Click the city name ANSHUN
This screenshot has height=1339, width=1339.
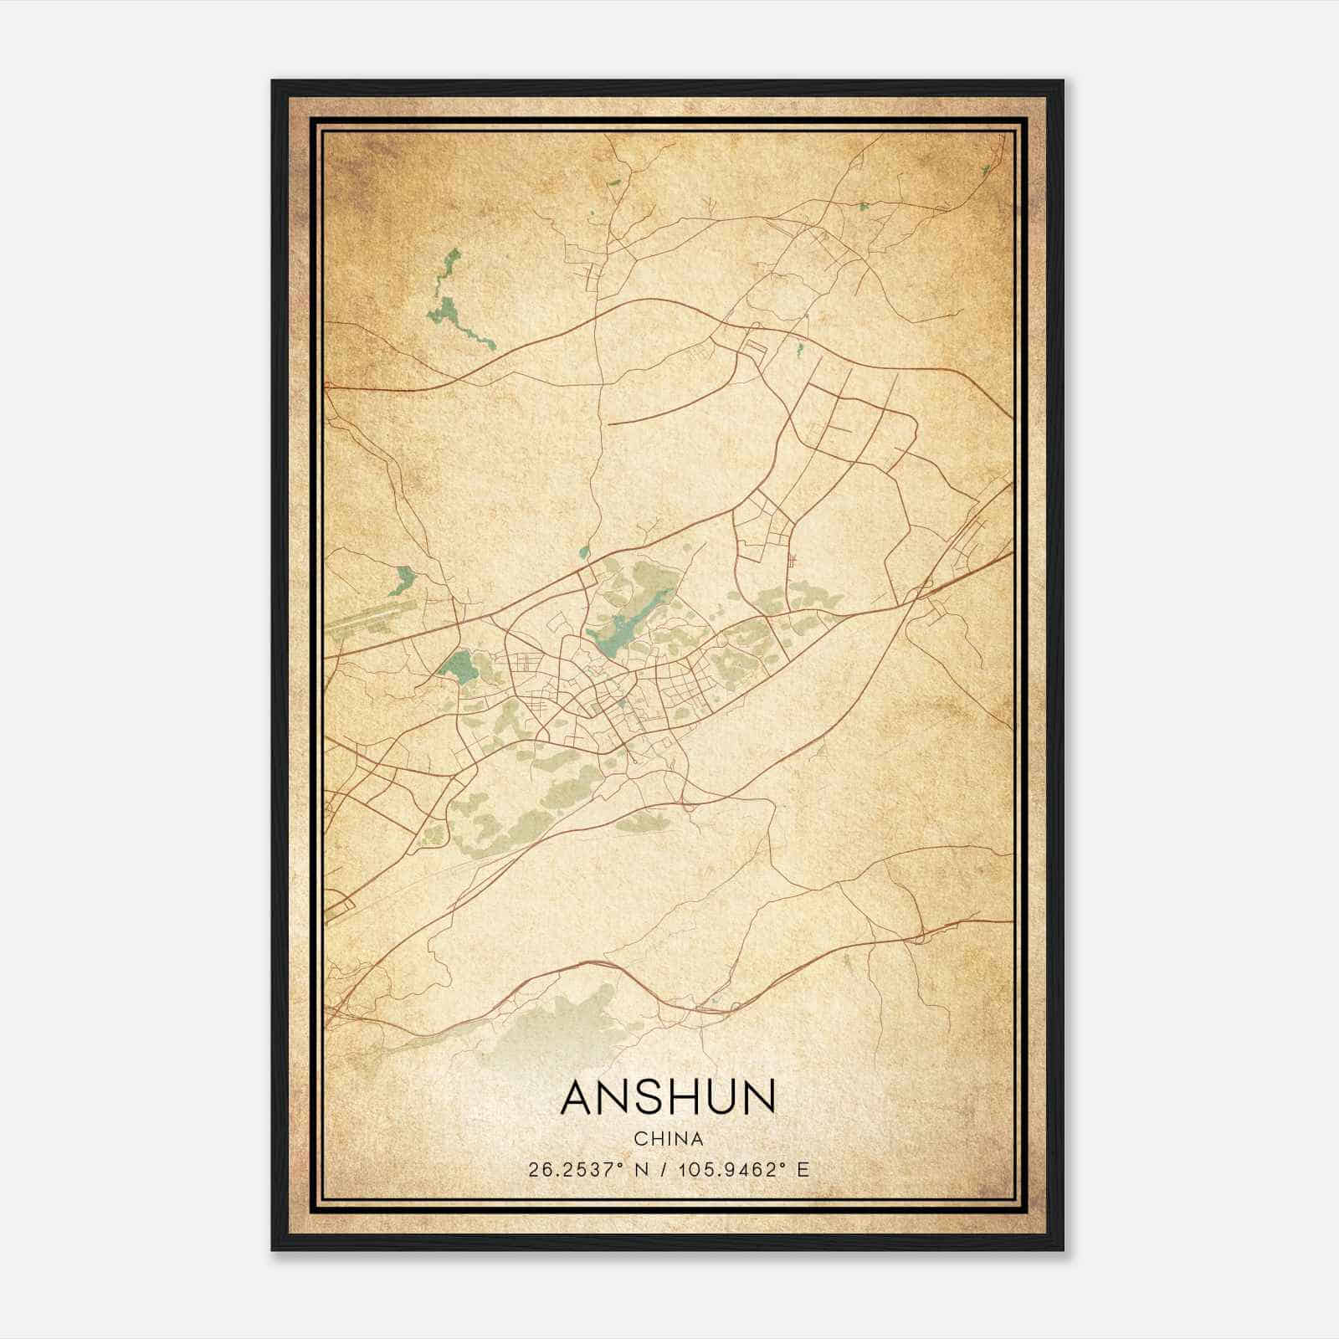669,1097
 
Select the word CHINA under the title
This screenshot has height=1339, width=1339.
669,1139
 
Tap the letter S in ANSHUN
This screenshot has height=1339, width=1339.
639,1097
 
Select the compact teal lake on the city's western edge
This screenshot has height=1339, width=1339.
457,667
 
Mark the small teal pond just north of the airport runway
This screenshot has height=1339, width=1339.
406,577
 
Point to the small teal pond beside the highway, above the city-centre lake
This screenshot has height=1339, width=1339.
584,552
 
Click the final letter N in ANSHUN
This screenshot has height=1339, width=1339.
757,1097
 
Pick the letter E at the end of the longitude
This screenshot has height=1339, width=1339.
803,1169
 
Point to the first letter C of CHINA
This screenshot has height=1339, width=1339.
639,1139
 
